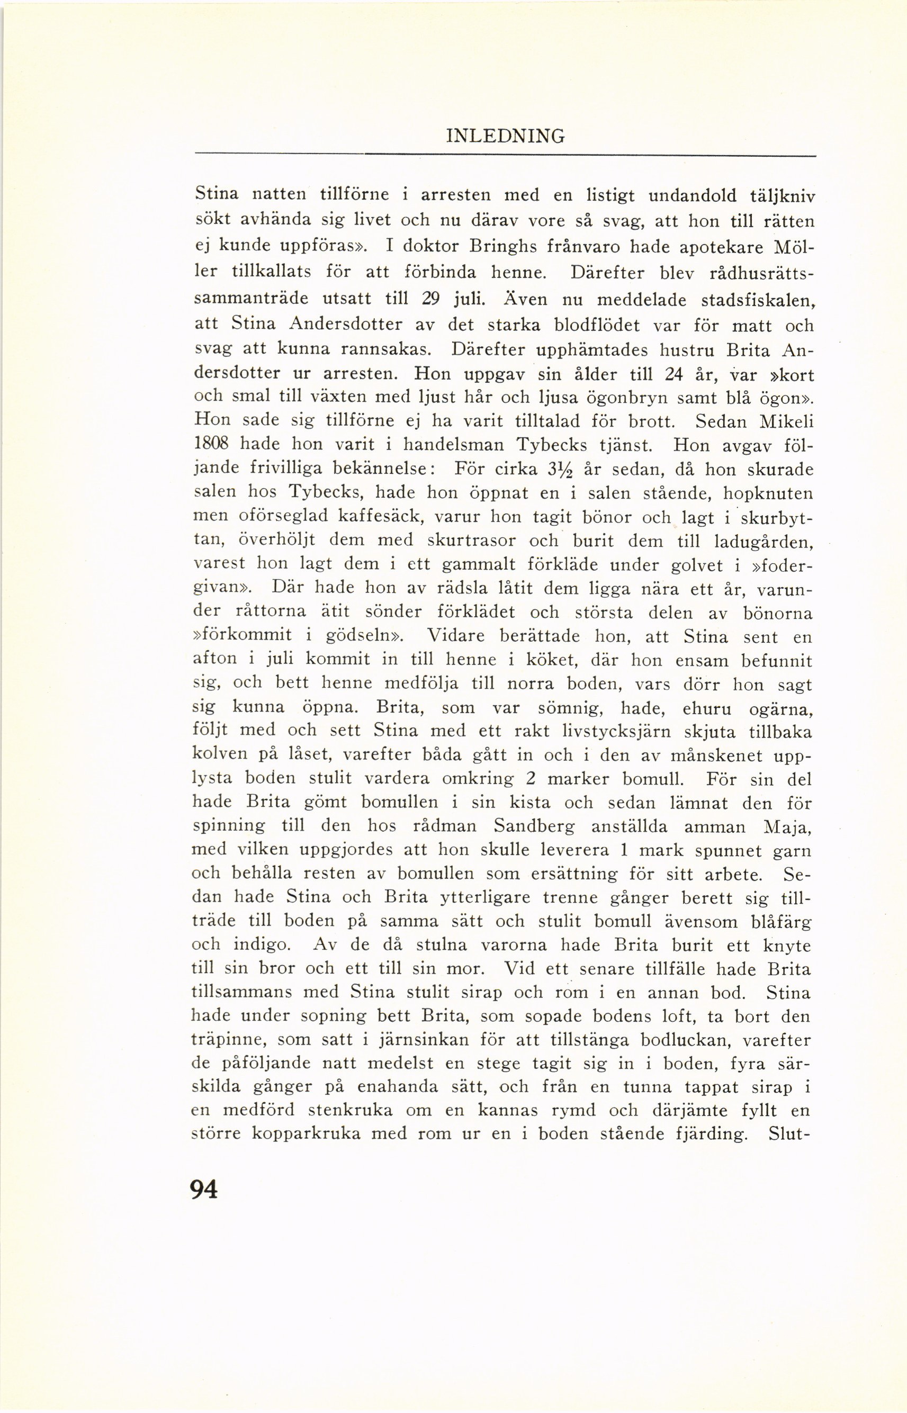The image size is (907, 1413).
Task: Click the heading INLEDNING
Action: pyautogui.click(x=505, y=136)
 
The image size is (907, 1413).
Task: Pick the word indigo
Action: pyautogui.click(x=262, y=944)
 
